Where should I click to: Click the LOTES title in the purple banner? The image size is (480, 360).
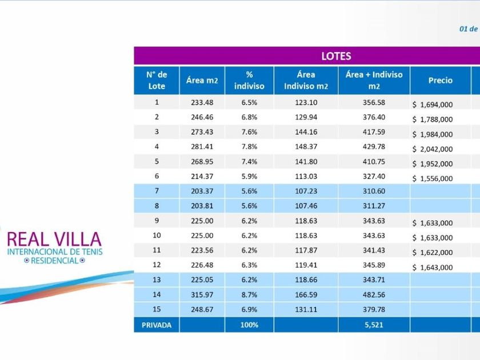[x=336, y=56]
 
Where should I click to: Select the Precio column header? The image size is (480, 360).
[x=440, y=81]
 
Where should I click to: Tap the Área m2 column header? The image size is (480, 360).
[x=202, y=81]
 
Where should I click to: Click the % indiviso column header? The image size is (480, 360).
[x=249, y=81]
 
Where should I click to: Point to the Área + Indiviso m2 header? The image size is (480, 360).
[x=374, y=81]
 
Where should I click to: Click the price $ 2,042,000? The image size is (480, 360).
[x=433, y=149]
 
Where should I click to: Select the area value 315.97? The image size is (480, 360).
[x=202, y=295]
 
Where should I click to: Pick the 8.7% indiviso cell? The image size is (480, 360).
[x=249, y=295]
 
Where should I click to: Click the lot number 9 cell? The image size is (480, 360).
[x=157, y=221]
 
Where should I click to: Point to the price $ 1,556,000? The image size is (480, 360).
[x=433, y=179]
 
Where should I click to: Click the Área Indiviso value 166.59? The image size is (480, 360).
[x=306, y=295]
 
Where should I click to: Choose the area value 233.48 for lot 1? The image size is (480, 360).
[x=202, y=102]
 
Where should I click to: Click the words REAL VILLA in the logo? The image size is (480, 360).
[x=54, y=239]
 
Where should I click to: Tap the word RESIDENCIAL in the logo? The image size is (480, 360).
[x=54, y=261]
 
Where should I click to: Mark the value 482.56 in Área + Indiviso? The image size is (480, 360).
[x=374, y=295]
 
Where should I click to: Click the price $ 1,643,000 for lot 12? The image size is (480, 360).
[x=433, y=267]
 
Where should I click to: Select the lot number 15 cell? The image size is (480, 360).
[x=157, y=310]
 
